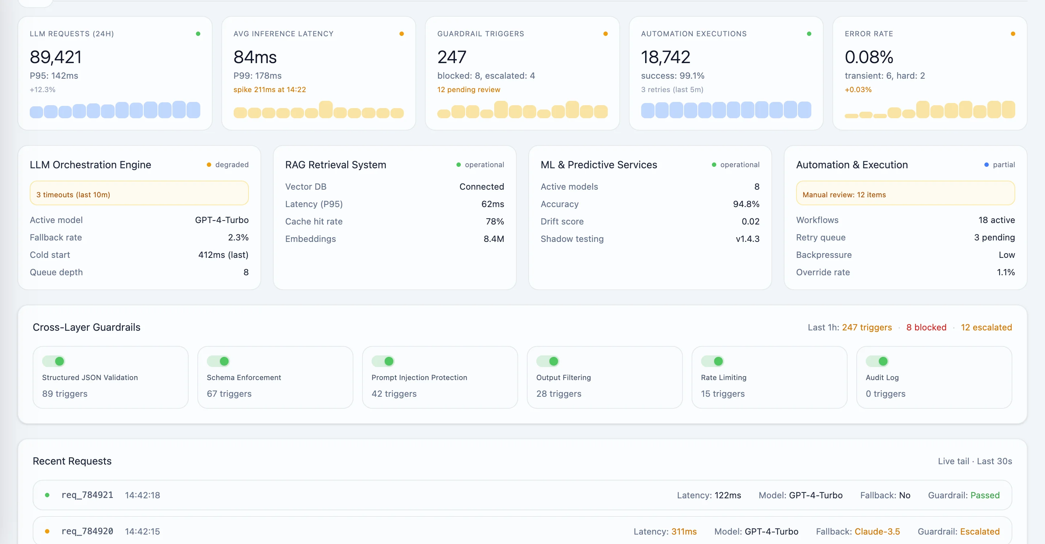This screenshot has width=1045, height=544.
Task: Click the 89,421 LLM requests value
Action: (56, 57)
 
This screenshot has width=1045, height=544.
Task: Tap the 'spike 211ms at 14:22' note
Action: (269, 90)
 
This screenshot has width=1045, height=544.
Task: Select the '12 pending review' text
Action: (468, 90)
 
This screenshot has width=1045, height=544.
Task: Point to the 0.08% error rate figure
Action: (869, 57)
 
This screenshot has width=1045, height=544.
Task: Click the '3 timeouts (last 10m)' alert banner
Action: (139, 195)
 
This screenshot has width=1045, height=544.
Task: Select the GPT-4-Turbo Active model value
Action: (221, 220)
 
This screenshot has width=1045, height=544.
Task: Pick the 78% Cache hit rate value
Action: (495, 221)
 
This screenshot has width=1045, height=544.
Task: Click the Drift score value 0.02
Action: (750, 221)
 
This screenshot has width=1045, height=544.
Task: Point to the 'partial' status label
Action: (1003, 165)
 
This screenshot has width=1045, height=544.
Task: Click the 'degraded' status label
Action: (231, 165)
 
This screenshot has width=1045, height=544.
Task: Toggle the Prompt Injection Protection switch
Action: (383, 361)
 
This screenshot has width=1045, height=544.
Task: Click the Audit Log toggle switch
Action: (877, 361)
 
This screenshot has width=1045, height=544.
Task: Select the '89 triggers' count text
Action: (65, 393)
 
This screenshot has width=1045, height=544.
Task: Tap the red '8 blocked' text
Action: (926, 327)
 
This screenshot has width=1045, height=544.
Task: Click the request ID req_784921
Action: (87, 495)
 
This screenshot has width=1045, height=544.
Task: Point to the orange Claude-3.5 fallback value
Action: (877, 531)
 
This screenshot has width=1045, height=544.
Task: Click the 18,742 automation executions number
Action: (665, 57)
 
